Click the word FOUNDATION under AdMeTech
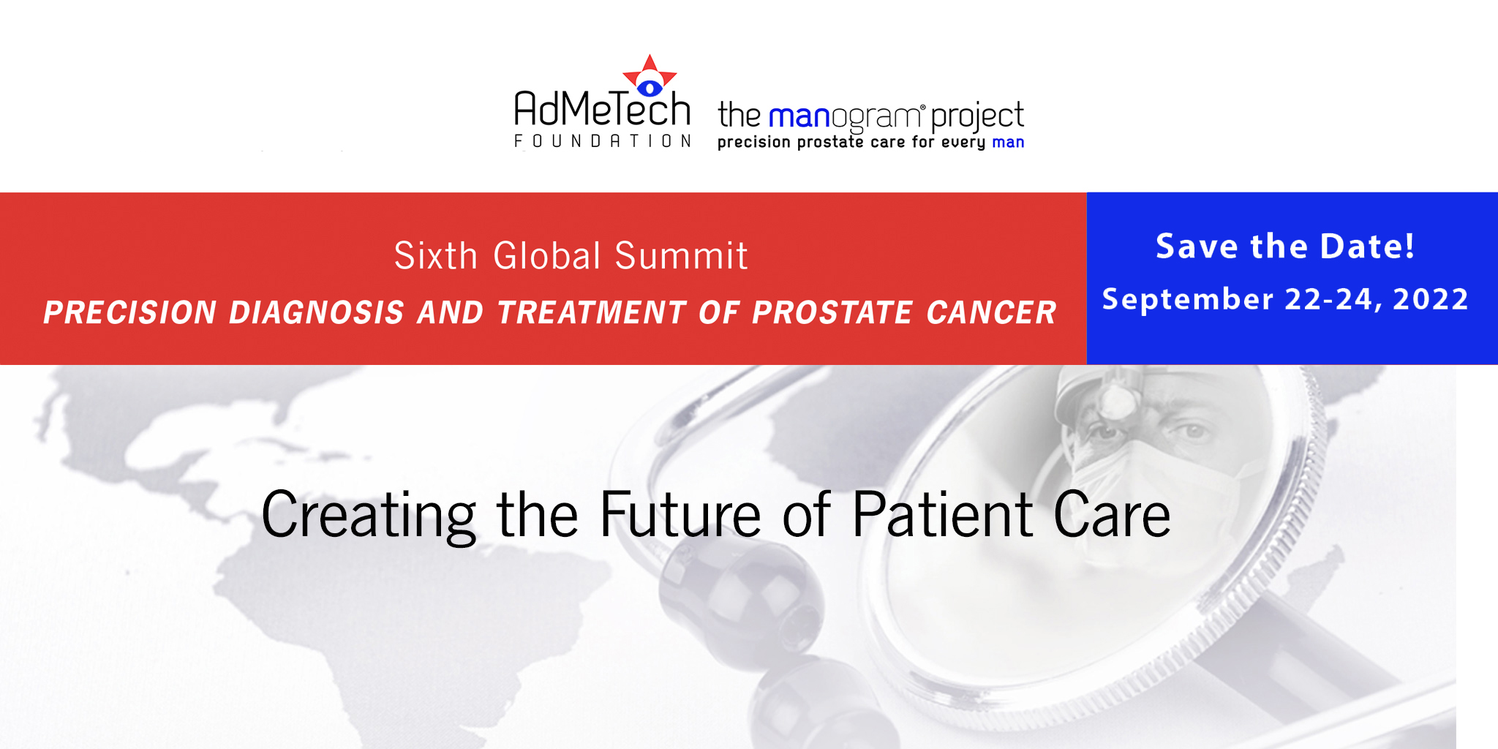tap(603, 140)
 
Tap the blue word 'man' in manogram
tap(799, 118)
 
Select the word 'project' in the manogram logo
tap(978, 118)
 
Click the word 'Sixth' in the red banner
tap(436, 255)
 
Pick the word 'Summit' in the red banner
tap(681, 255)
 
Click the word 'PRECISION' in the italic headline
tap(130, 312)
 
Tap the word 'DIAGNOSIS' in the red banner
tap(317, 312)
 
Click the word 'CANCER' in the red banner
tap(991, 312)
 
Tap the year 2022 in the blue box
tap(1430, 299)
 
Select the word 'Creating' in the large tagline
tap(369, 517)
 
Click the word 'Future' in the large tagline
tap(680, 516)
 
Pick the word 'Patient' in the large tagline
tap(943, 514)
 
